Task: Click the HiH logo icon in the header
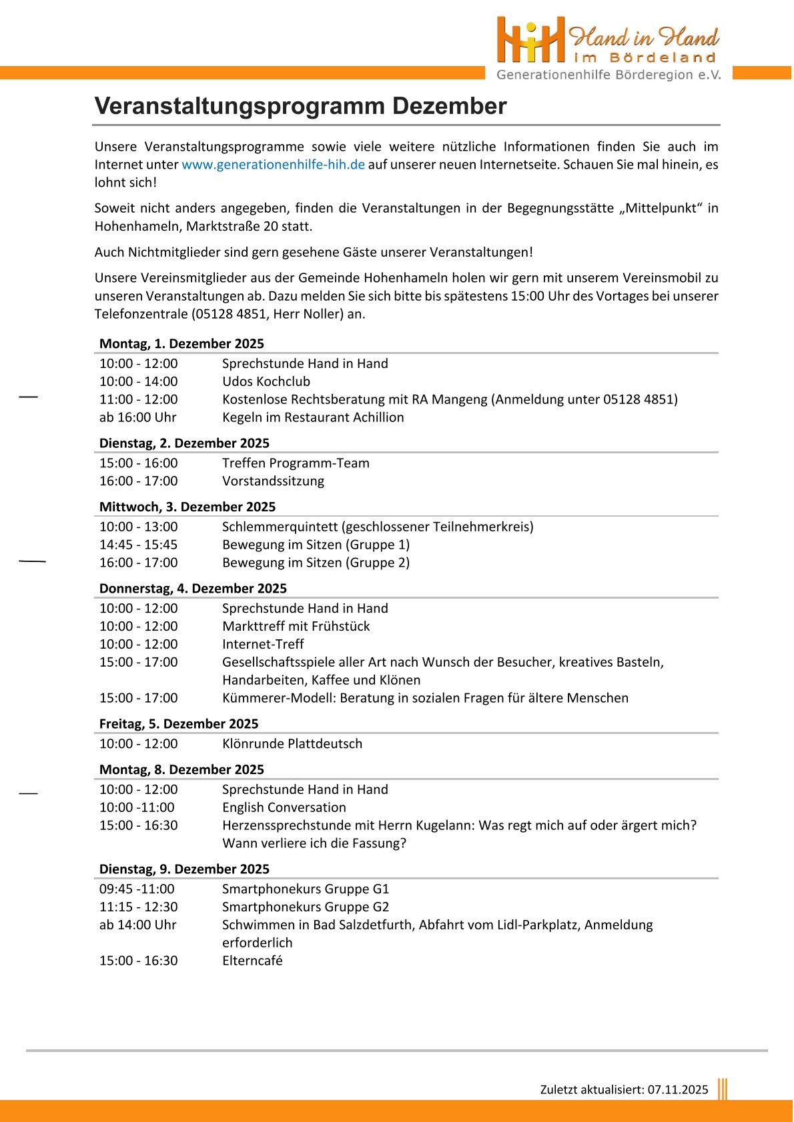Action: click(x=530, y=40)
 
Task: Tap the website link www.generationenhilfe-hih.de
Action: click(x=273, y=165)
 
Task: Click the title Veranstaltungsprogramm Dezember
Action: click(x=300, y=106)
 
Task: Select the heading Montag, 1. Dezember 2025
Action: click(x=181, y=343)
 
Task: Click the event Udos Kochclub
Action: click(x=266, y=381)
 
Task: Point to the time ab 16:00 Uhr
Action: click(x=138, y=417)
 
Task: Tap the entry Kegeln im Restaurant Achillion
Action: click(x=313, y=417)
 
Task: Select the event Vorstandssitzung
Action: click(x=273, y=481)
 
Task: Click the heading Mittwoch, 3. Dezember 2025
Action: click(x=187, y=507)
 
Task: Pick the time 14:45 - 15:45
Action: click(x=139, y=545)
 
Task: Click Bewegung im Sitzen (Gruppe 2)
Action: click(x=316, y=563)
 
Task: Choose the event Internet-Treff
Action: click(x=263, y=644)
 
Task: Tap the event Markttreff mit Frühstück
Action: click(x=296, y=626)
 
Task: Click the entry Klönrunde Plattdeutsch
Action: click(x=292, y=743)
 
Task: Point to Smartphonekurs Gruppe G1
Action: click(x=306, y=889)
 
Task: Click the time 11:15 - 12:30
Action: click(x=139, y=907)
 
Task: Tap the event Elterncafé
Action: click(x=252, y=961)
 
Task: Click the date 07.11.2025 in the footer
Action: click(x=677, y=1089)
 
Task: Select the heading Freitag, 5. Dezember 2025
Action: click(x=179, y=723)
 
